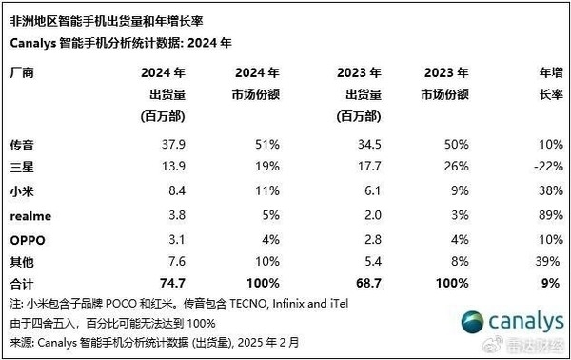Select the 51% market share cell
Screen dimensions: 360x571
[x=266, y=146]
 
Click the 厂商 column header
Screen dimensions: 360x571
[x=20, y=72]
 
